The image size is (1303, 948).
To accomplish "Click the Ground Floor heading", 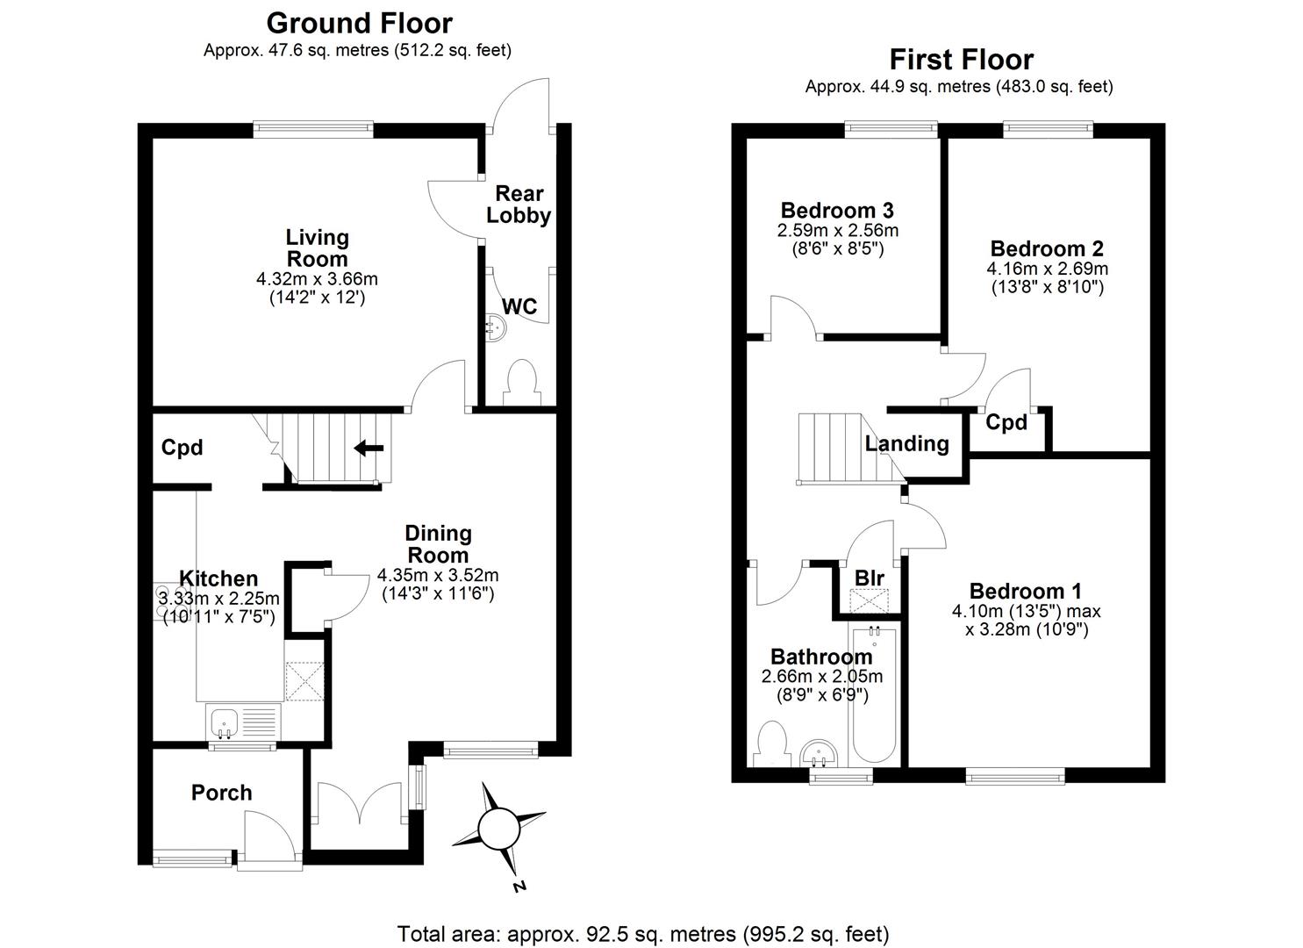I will click(x=359, y=23).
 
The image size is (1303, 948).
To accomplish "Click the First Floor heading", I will click(x=961, y=59).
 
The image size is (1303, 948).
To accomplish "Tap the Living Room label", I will click(x=317, y=248).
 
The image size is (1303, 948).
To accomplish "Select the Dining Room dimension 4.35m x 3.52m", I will click(x=438, y=576).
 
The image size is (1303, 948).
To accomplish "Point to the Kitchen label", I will click(x=218, y=578).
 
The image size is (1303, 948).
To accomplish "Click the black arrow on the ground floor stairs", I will click(x=369, y=449).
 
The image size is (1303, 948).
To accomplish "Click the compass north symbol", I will click(x=499, y=828).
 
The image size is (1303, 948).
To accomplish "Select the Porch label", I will click(x=221, y=793).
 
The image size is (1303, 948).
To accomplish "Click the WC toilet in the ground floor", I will click(x=520, y=381).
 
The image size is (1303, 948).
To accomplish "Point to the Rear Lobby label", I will click(x=519, y=205).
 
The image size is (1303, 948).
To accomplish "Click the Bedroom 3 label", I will click(x=837, y=211).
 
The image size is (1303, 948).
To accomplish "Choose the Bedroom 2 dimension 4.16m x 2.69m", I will click(x=1047, y=269).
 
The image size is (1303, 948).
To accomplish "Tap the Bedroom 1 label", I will click(x=1025, y=591).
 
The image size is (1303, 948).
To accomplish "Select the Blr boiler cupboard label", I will click(x=869, y=578).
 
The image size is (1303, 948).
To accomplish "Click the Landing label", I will click(x=906, y=443).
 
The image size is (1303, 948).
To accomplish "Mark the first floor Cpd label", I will click(x=1006, y=422).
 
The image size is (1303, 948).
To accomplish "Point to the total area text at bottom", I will click(x=643, y=933).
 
